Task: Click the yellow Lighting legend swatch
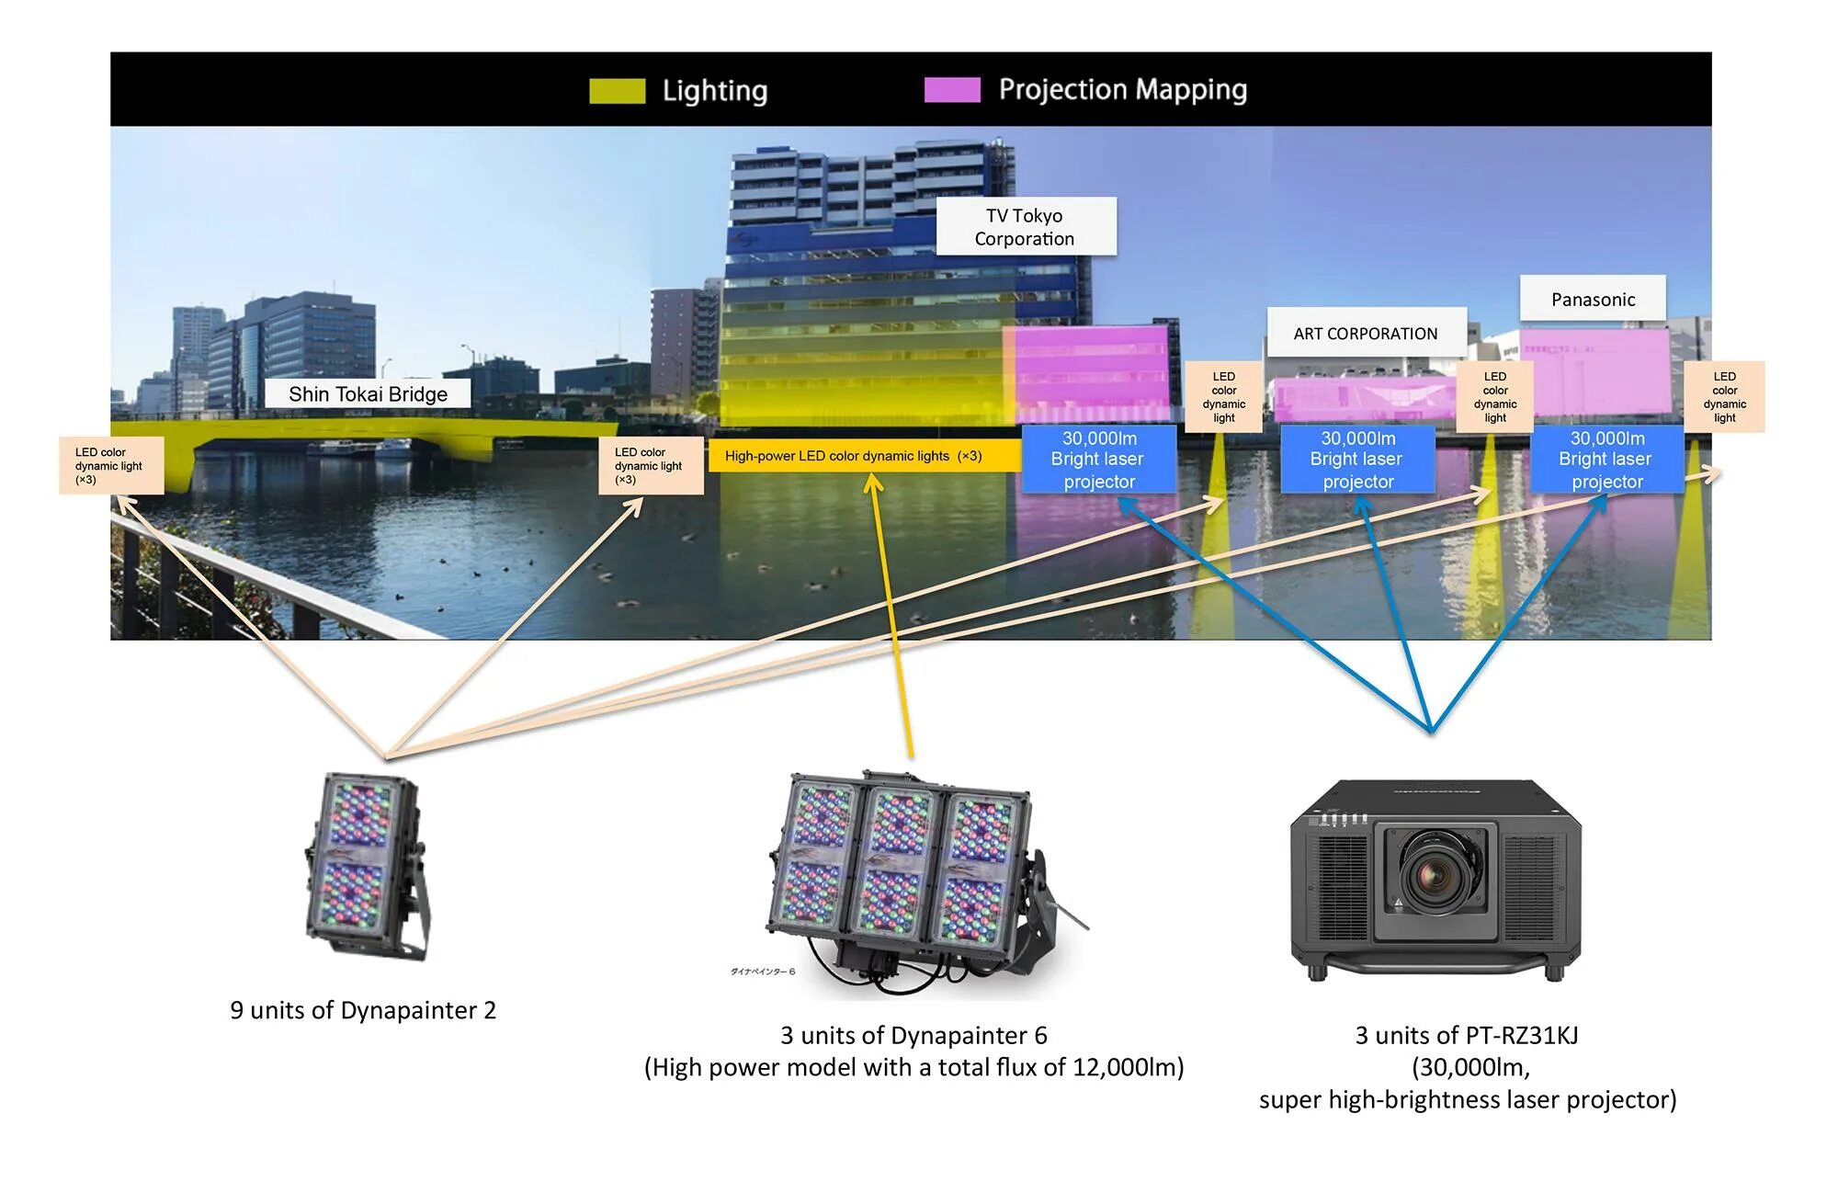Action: (x=617, y=90)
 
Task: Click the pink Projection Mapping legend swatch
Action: (x=952, y=89)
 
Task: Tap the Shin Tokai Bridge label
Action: (x=368, y=393)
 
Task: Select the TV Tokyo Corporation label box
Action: (x=1025, y=226)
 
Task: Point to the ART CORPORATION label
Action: (x=1365, y=333)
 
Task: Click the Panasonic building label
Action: (x=1593, y=299)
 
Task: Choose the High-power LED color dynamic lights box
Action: (x=864, y=456)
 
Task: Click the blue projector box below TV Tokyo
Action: (x=1099, y=459)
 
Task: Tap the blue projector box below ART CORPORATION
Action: (x=1357, y=459)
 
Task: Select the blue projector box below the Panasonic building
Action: (x=1605, y=459)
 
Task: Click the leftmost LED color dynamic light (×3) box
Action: (x=111, y=465)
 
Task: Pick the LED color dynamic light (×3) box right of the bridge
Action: (x=650, y=465)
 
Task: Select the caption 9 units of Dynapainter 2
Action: (x=363, y=1010)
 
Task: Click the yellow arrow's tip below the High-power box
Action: (x=873, y=479)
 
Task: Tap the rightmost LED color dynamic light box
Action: (x=1724, y=397)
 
